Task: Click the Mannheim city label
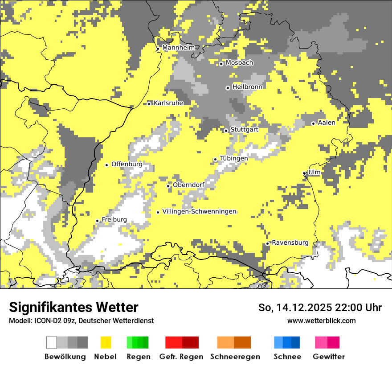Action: (x=179, y=48)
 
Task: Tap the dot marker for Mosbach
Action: (x=221, y=64)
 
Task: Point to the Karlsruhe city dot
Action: (x=149, y=103)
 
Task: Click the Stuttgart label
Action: (x=244, y=130)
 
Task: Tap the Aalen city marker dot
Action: (x=313, y=123)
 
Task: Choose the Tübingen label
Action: (x=234, y=158)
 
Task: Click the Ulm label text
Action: (x=314, y=172)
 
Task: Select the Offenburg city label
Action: (x=127, y=164)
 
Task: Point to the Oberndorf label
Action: (x=188, y=185)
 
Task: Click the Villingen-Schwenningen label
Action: (x=199, y=211)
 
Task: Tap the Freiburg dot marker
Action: (x=97, y=221)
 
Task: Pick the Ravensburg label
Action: (x=290, y=243)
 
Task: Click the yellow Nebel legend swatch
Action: (x=106, y=342)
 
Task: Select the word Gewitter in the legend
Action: (x=329, y=357)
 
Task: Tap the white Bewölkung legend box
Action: (x=52, y=342)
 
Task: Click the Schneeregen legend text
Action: (x=235, y=357)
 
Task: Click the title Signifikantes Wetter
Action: (x=73, y=307)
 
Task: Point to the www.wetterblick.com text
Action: (x=321, y=321)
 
